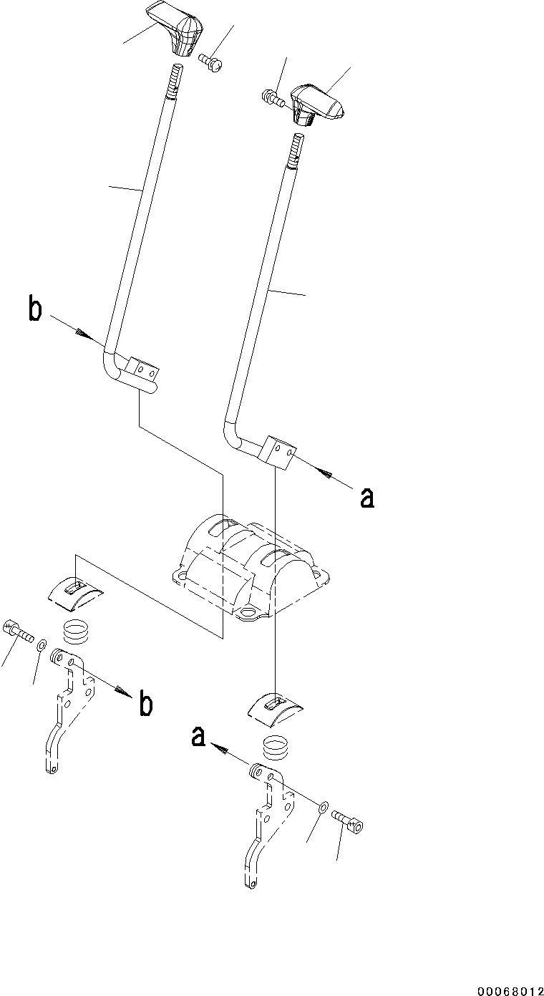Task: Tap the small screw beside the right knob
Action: tap(273, 98)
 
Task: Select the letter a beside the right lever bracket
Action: tap(366, 497)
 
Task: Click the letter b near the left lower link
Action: tap(145, 704)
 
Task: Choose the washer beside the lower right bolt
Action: tap(324, 808)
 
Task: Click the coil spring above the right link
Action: tap(276, 747)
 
